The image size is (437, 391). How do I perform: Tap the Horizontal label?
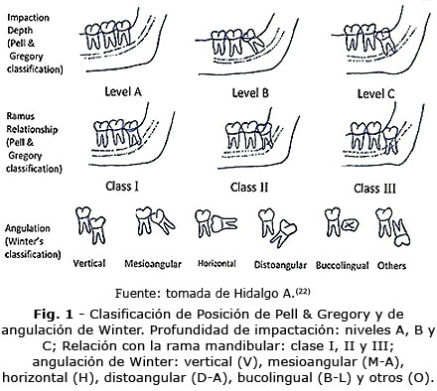click(x=218, y=265)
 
